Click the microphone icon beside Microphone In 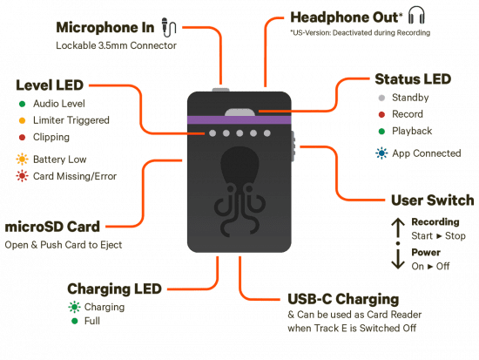pyautogui.click(x=169, y=27)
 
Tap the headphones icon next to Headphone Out pyautogui.click(x=416, y=16)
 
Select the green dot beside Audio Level pyautogui.click(x=22, y=104)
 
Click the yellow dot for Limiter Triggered pyautogui.click(x=22, y=120)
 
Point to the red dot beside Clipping pyautogui.click(x=22, y=138)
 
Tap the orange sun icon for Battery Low pyautogui.click(x=22, y=160)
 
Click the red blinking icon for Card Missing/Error pyautogui.click(x=22, y=176)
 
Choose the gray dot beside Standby pyautogui.click(x=381, y=98)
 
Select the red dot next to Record pyautogui.click(x=381, y=115)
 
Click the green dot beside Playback pyautogui.click(x=381, y=132)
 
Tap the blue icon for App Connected pyautogui.click(x=381, y=153)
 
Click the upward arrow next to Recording pyautogui.click(x=398, y=228)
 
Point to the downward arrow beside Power pyautogui.click(x=398, y=259)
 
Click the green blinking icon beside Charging pyautogui.click(x=74, y=307)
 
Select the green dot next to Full pyautogui.click(x=75, y=321)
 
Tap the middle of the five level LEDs pyautogui.click(x=239, y=133)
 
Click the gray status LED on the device pyautogui.click(x=239, y=112)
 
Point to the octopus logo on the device pyautogui.click(x=239, y=192)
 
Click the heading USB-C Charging pyautogui.click(x=343, y=299)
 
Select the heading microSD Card pyautogui.click(x=52, y=227)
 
